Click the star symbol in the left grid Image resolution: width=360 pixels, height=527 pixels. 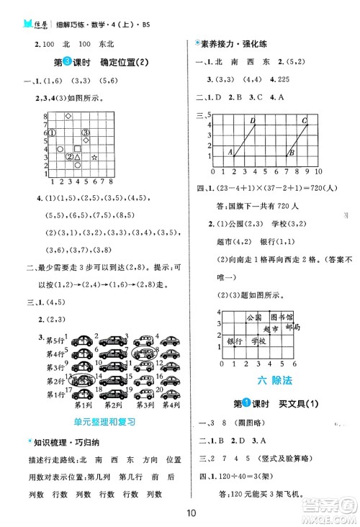pos(94,157)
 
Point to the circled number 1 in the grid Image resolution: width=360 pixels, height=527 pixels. pos(53,132)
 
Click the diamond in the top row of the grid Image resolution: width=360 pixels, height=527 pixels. pos(68,116)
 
